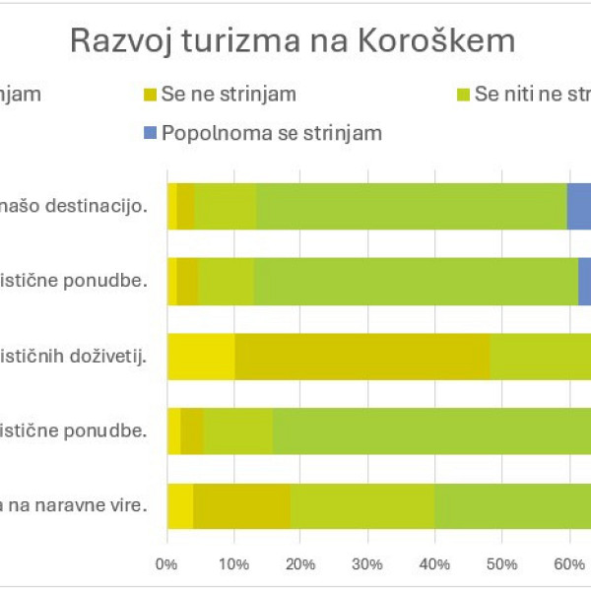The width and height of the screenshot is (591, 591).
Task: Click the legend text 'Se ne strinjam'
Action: (229, 96)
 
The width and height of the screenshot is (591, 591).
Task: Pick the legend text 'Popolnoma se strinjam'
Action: (272, 133)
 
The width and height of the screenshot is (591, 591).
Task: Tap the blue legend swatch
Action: (150, 133)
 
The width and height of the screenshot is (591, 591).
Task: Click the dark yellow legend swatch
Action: (150, 96)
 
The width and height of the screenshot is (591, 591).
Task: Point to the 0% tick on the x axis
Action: (166, 564)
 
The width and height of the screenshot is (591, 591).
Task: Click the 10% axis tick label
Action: (233, 564)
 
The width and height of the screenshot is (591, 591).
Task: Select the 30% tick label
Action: (367, 564)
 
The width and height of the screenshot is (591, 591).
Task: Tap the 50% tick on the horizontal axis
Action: (501, 564)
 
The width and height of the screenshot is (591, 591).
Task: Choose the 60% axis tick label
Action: (568, 564)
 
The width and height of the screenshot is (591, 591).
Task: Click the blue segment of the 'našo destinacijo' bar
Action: (579, 206)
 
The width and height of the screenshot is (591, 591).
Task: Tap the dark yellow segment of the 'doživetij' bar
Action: (362, 356)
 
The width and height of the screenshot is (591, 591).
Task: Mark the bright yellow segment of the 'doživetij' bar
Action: (201, 356)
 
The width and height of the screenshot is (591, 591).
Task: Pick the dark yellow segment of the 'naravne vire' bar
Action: (241, 506)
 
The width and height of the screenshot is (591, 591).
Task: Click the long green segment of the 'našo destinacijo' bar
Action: (412, 206)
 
